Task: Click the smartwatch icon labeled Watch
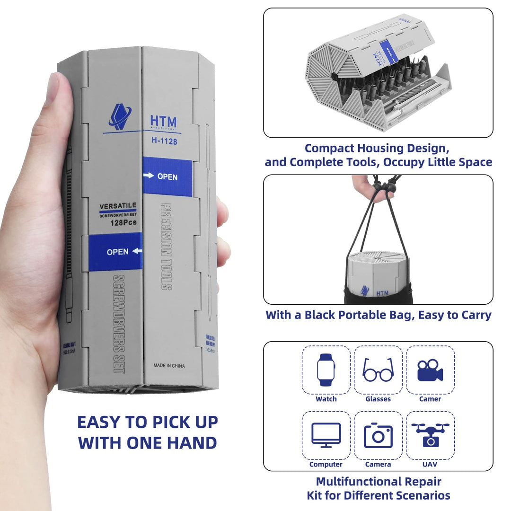(x=326, y=370)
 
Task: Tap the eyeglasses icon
(x=378, y=370)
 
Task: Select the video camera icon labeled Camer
(x=430, y=370)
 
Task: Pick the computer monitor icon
(x=326, y=435)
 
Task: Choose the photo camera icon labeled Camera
(x=378, y=435)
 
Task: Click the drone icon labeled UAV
(x=430, y=434)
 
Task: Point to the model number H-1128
(x=165, y=141)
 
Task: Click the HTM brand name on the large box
(x=163, y=122)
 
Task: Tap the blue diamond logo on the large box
(x=120, y=117)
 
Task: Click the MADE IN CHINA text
(x=169, y=366)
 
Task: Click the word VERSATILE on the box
(x=118, y=206)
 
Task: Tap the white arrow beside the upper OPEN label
(x=149, y=176)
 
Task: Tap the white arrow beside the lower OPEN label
(x=137, y=251)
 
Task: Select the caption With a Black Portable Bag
(x=378, y=315)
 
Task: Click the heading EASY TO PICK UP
(x=147, y=422)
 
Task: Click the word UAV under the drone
(x=430, y=464)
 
